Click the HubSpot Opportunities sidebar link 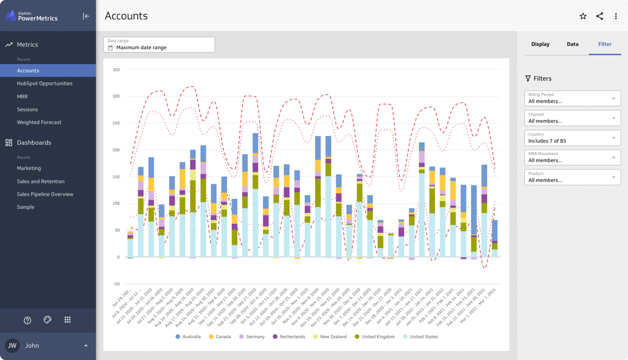pos(45,83)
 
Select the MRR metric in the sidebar pos(22,97)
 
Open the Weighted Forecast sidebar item pos(39,122)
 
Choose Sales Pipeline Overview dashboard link pos(45,194)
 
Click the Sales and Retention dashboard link pos(41,181)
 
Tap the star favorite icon pos(583,16)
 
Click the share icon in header pos(600,16)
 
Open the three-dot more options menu pos(616,16)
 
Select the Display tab pos(540,44)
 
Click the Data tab pos(573,44)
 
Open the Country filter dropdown pos(572,138)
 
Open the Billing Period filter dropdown pos(572,98)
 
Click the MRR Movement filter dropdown pos(572,157)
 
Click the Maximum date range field pos(159,45)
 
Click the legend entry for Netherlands pos(289,337)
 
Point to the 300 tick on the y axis pos(116,97)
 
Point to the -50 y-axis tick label pos(115,284)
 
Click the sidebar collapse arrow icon pos(86,16)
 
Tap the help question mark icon pos(27,320)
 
